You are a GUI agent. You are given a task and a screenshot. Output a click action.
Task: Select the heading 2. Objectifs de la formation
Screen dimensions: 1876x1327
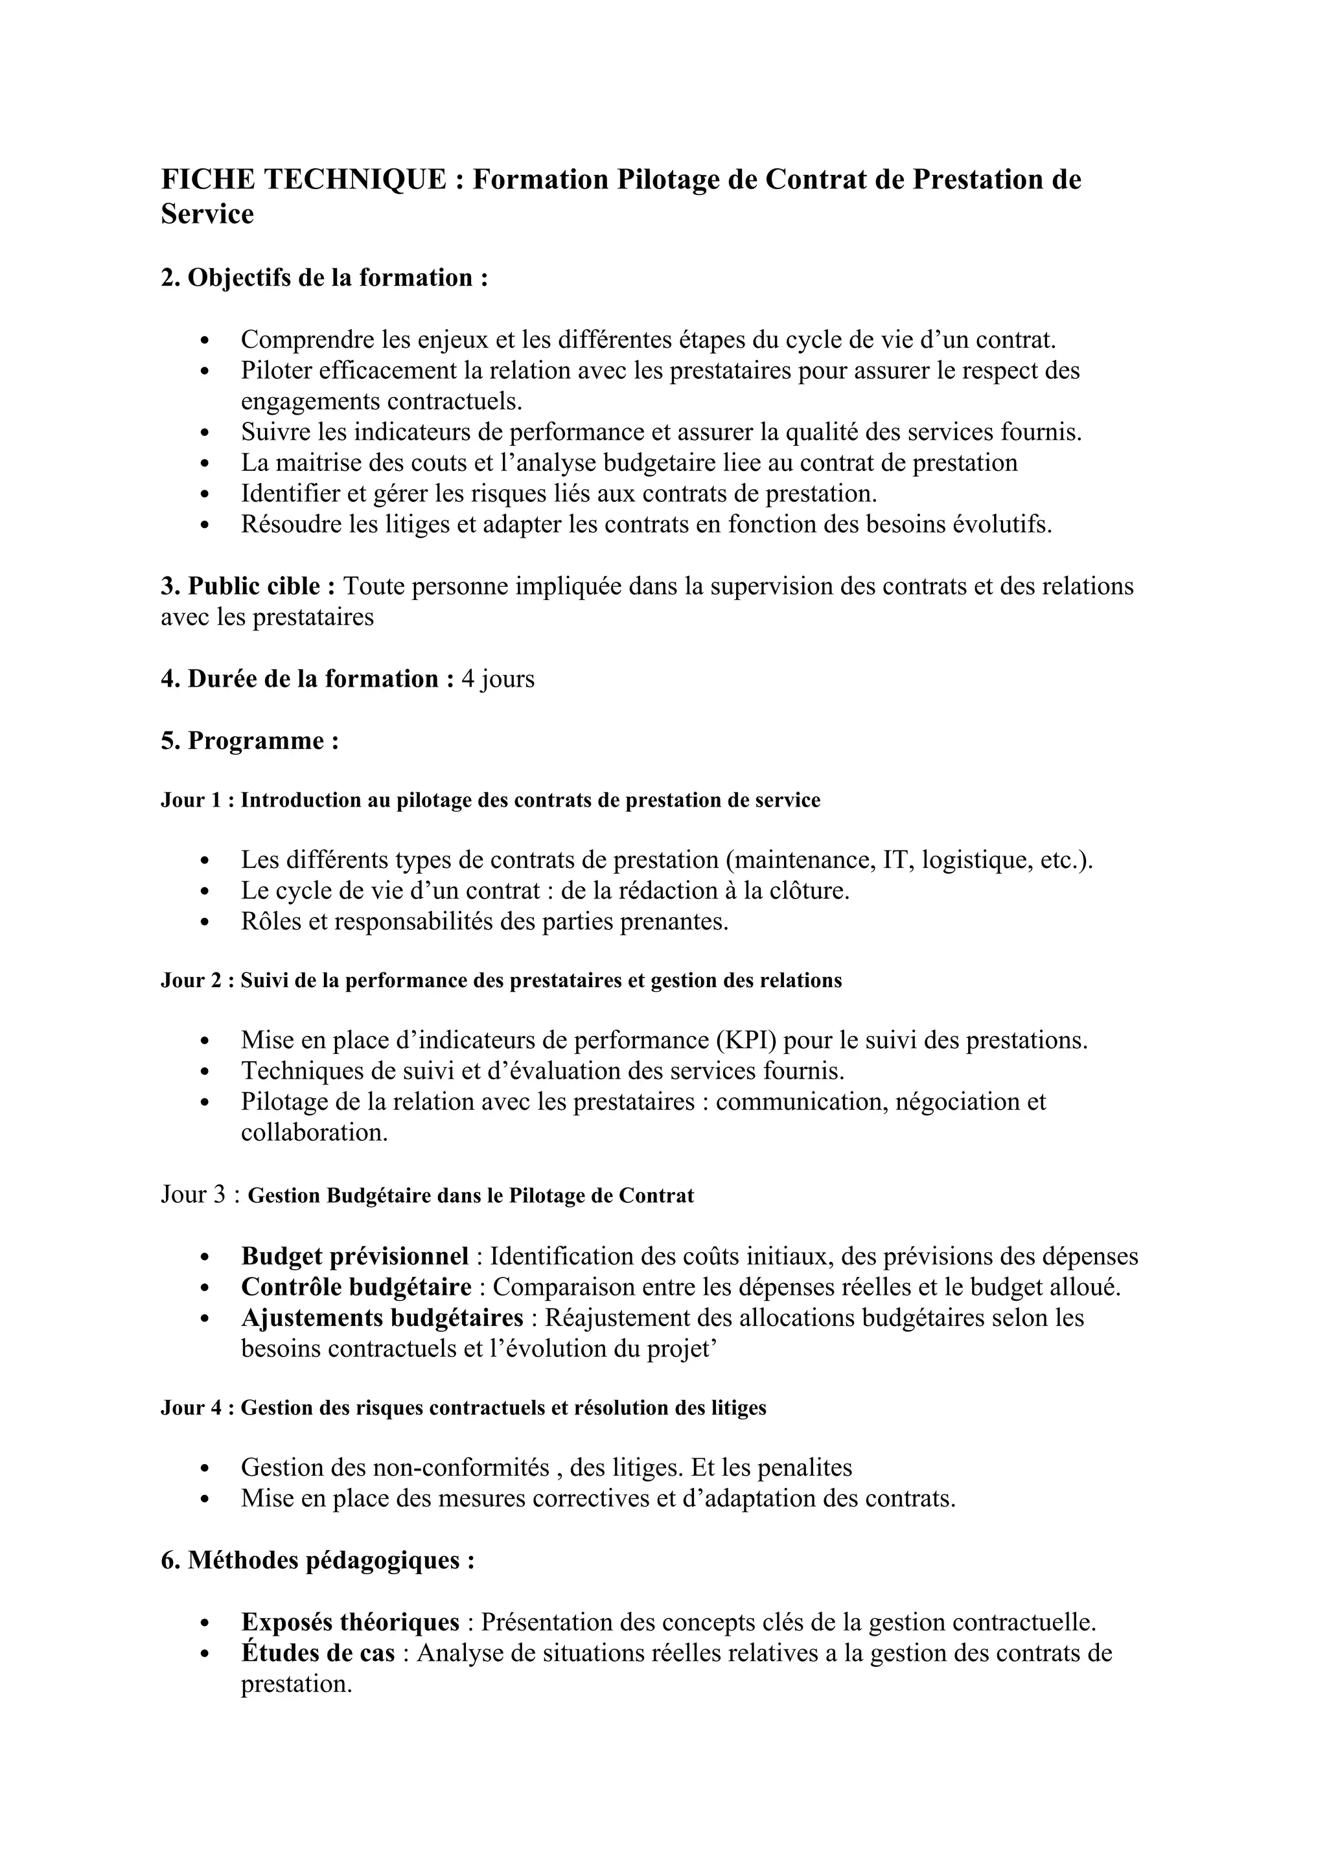[325, 278]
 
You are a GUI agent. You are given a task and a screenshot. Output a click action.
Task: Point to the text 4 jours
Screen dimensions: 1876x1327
[498, 679]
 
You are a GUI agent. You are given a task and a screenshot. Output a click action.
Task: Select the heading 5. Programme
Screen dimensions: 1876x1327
[250, 740]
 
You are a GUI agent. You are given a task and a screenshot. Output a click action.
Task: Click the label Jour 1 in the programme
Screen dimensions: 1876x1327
[192, 800]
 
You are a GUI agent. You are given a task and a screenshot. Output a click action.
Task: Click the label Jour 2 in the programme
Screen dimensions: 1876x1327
[192, 981]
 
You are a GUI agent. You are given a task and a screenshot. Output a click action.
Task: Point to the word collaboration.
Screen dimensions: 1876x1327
[314, 1133]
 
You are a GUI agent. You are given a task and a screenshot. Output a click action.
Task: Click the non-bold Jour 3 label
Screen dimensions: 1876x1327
[194, 1195]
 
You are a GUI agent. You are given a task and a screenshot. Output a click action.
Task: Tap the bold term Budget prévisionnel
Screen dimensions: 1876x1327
[354, 1256]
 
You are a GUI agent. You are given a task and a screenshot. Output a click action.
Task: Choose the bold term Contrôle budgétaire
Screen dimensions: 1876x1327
[356, 1287]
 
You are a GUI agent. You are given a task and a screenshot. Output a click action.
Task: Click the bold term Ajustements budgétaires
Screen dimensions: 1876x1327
[382, 1318]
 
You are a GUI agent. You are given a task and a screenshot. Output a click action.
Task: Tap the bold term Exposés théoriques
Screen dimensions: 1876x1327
[350, 1622]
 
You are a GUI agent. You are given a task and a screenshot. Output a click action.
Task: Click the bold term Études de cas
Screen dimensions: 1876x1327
[318, 1653]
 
